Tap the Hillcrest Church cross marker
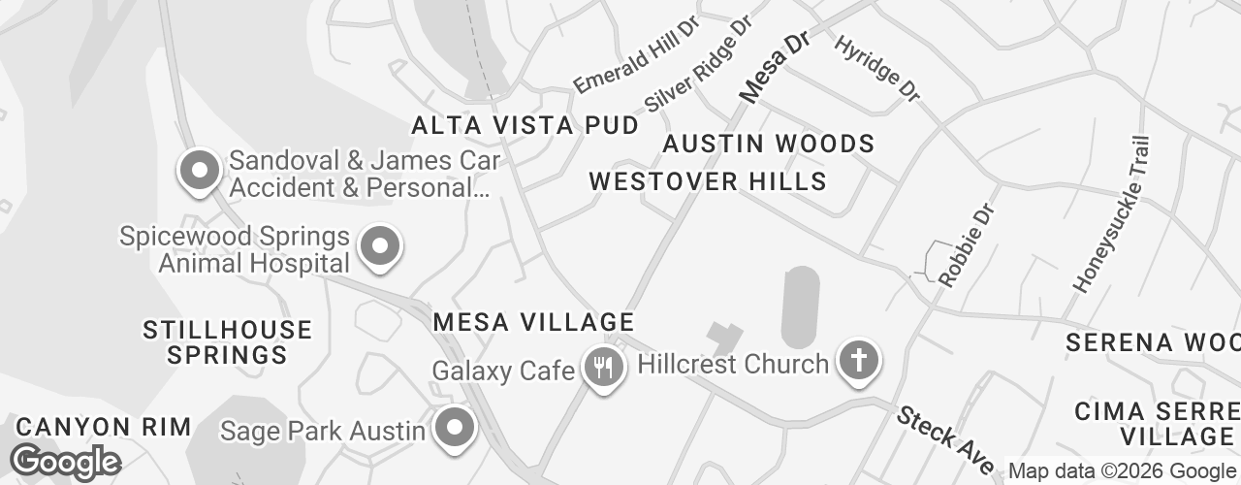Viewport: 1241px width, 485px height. coord(858,362)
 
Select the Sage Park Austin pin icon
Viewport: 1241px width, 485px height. coord(453,427)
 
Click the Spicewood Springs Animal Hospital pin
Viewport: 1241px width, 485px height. coord(380,246)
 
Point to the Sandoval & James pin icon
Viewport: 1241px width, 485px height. coord(200,171)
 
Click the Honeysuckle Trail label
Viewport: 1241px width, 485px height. coord(1112,214)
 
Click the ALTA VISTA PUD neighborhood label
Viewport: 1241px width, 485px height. coord(525,125)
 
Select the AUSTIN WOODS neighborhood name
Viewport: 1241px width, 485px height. coord(769,145)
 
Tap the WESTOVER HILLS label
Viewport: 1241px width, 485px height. coord(708,181)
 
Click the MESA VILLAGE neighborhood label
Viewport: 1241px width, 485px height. coord(533,322)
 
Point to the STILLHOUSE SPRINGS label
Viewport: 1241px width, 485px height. coord(227,342)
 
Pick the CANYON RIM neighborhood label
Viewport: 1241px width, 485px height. coord(104,427)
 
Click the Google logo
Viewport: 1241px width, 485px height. coord(65,462)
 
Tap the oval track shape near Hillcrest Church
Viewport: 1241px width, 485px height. coord(800,307)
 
